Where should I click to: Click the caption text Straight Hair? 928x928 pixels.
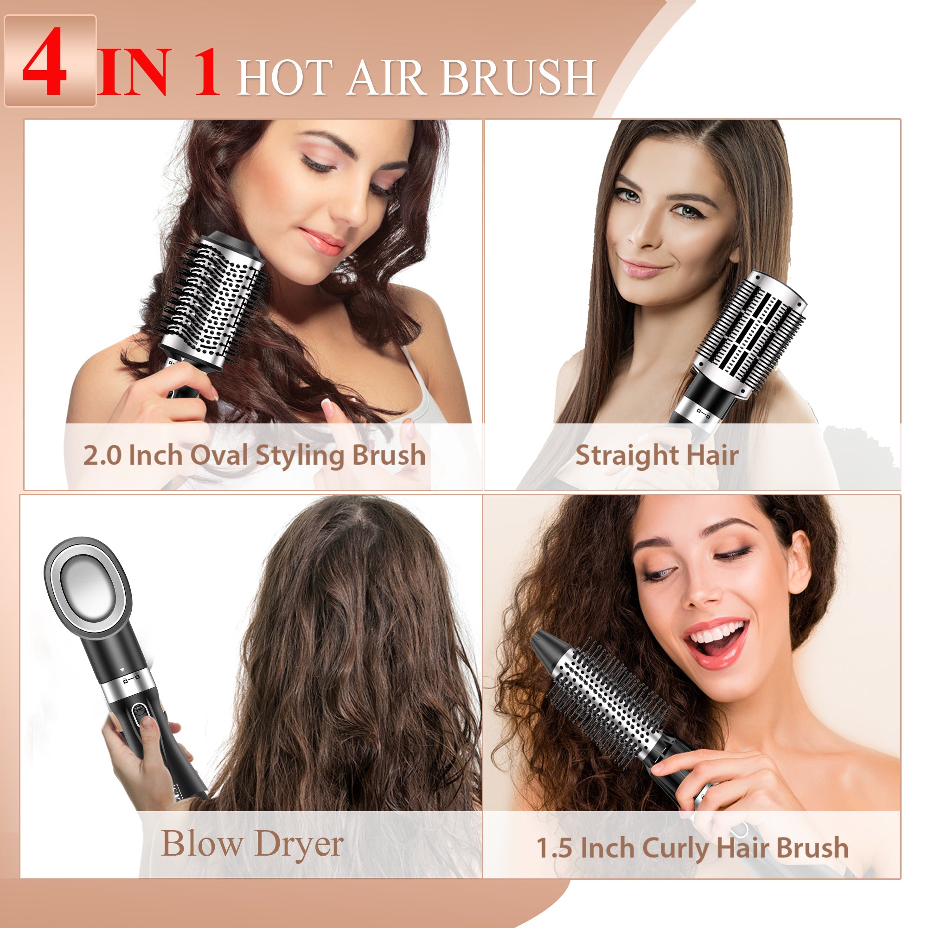click(x=657, y=455)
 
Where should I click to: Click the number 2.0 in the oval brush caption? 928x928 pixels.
click(x=102, y=455)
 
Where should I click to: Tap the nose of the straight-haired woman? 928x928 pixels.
click(x=646, y=236)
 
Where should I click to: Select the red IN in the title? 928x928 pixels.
click(x=135, y=72)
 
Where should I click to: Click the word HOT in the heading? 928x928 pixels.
click(x=285, y=77)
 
